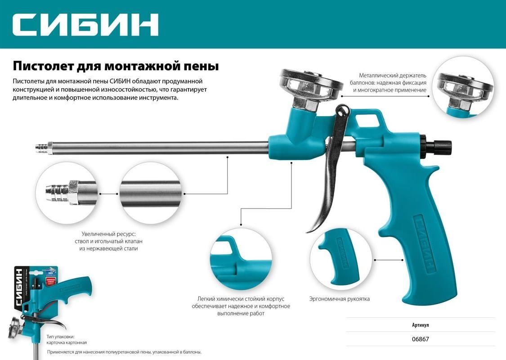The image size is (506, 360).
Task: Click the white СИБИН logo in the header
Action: point(85,24)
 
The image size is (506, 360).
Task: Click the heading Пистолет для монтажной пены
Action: point(116,66)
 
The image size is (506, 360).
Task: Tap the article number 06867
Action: point(421,339)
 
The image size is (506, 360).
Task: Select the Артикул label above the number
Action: point(421,325)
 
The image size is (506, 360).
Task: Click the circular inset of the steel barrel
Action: point(152,193)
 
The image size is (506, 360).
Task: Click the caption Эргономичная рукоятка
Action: point(340,299)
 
